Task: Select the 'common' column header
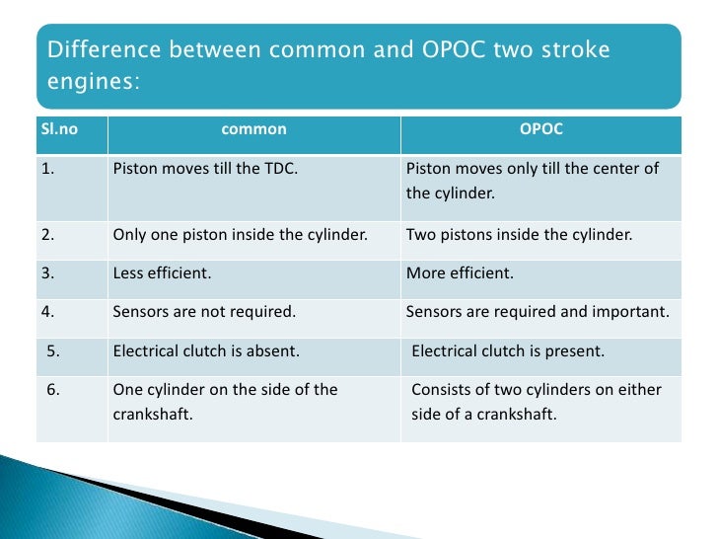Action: coord(253,129)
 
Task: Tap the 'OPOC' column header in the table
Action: coord(540,129)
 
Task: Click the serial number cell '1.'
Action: coord(49,169)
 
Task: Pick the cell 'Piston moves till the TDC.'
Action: coord(205,169)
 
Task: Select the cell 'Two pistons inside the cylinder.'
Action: coord(519,235)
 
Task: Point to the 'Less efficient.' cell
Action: coord(161,273)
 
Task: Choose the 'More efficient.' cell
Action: coord(460,273)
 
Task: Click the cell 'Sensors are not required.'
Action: coord(204,312)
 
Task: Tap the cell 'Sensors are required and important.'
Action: coord(538,312)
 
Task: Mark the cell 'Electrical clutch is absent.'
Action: coord(206,350)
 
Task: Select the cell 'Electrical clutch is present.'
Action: coord(508,350)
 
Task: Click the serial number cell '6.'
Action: coord(54,389)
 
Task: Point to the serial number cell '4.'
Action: coord(49,312)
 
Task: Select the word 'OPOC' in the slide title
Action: coord(421,49)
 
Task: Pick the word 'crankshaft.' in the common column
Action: coord(153,415)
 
